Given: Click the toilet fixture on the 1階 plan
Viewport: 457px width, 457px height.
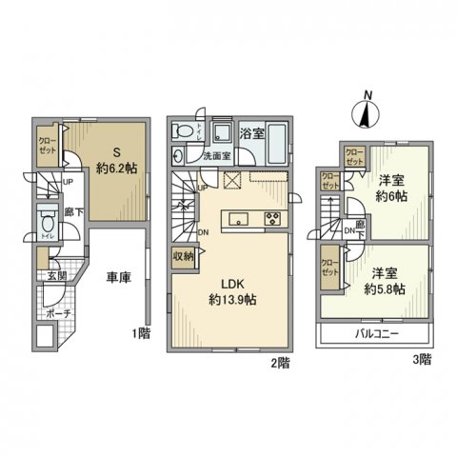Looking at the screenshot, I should point(47,225).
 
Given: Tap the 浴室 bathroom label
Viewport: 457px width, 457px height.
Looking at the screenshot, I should point(252,134).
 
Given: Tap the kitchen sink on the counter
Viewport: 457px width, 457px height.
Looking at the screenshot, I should point(240,220).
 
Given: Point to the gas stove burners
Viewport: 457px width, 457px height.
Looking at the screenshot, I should point(270,220).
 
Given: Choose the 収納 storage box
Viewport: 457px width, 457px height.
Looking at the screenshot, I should point(183,254).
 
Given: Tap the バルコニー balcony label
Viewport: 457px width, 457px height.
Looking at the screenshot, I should point(376,334).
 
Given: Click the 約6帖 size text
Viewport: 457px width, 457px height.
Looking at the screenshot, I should point(390,195).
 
